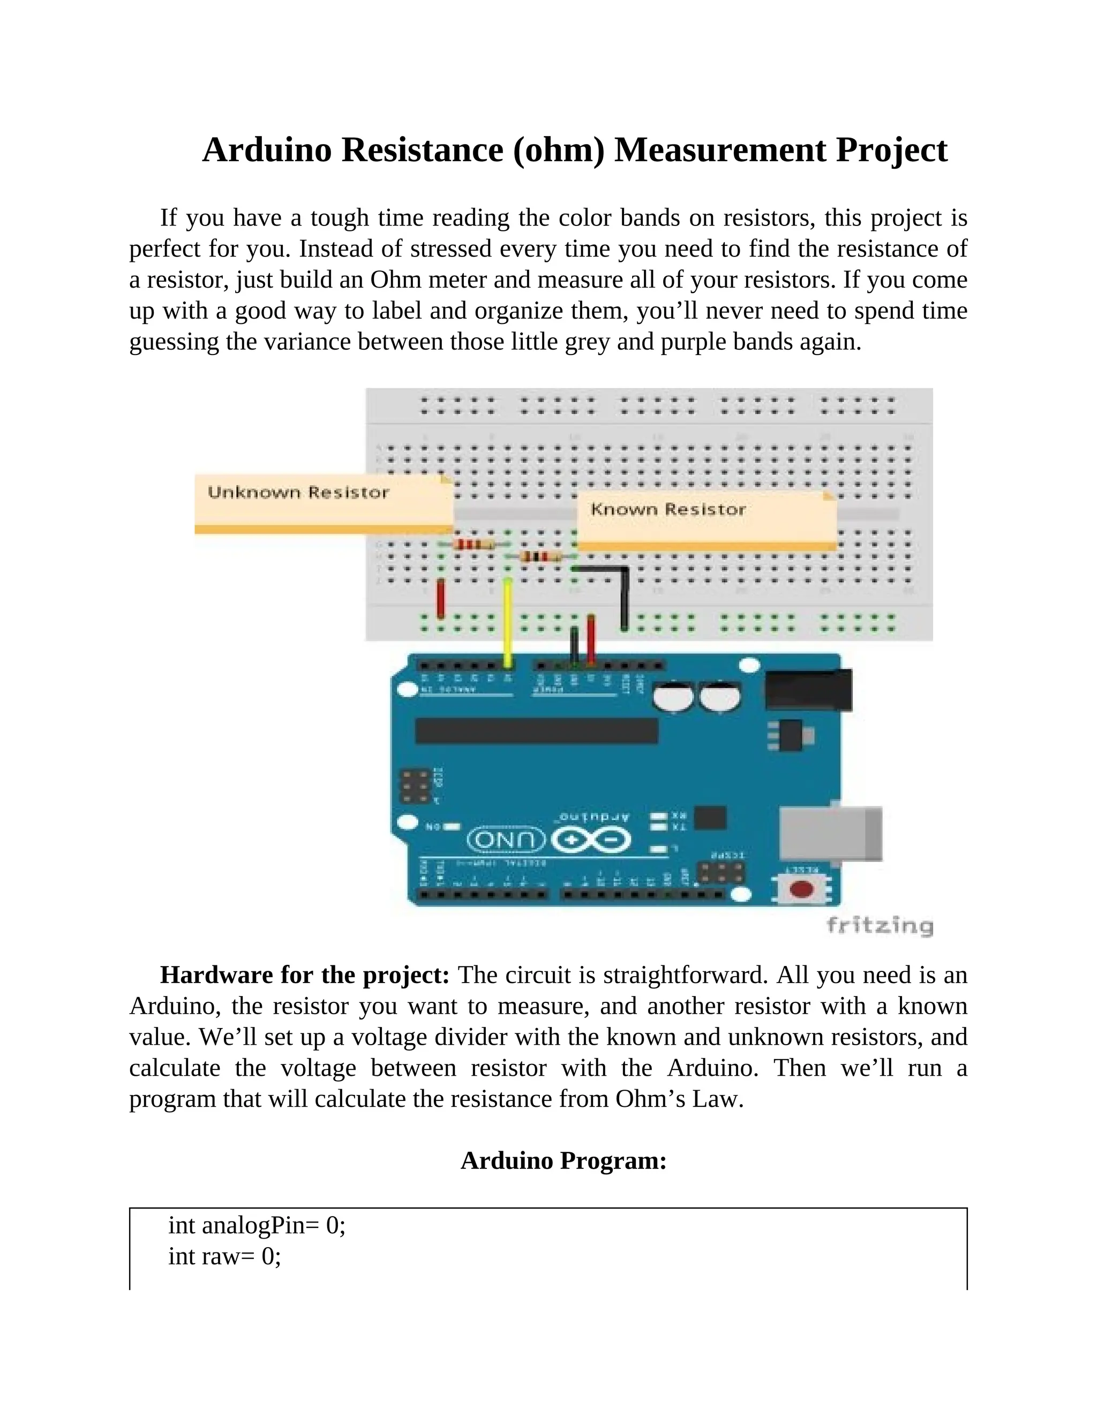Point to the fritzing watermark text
pyautogui.click(x=880, y=925)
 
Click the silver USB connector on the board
pyautogui.click(x=830, y=834)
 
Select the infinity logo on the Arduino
pyautogui.click(x=591, y=841)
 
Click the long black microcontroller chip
pyautogui.click(x=536, y=730)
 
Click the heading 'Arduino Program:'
pyautogui.click(x=563, y=1160)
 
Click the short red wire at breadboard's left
pyautogui.click(x=441, y=598)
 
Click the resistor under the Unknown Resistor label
pyautogui.click(x=472, y=545)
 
